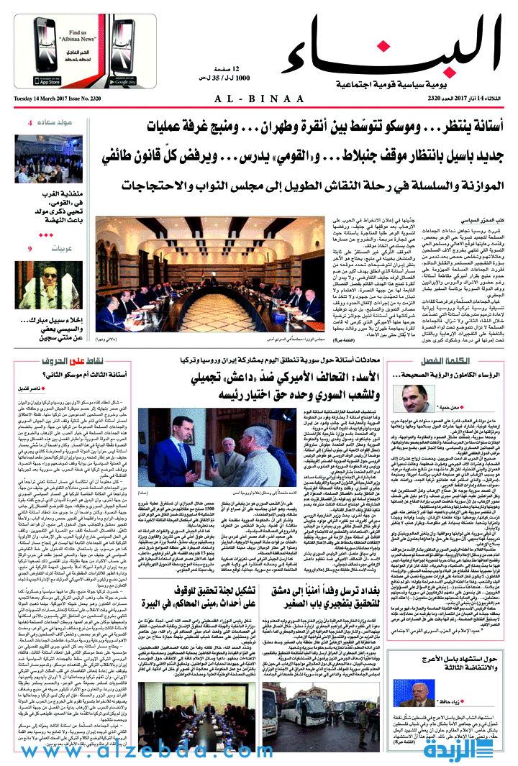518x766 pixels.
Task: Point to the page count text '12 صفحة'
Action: tap(211, 67)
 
